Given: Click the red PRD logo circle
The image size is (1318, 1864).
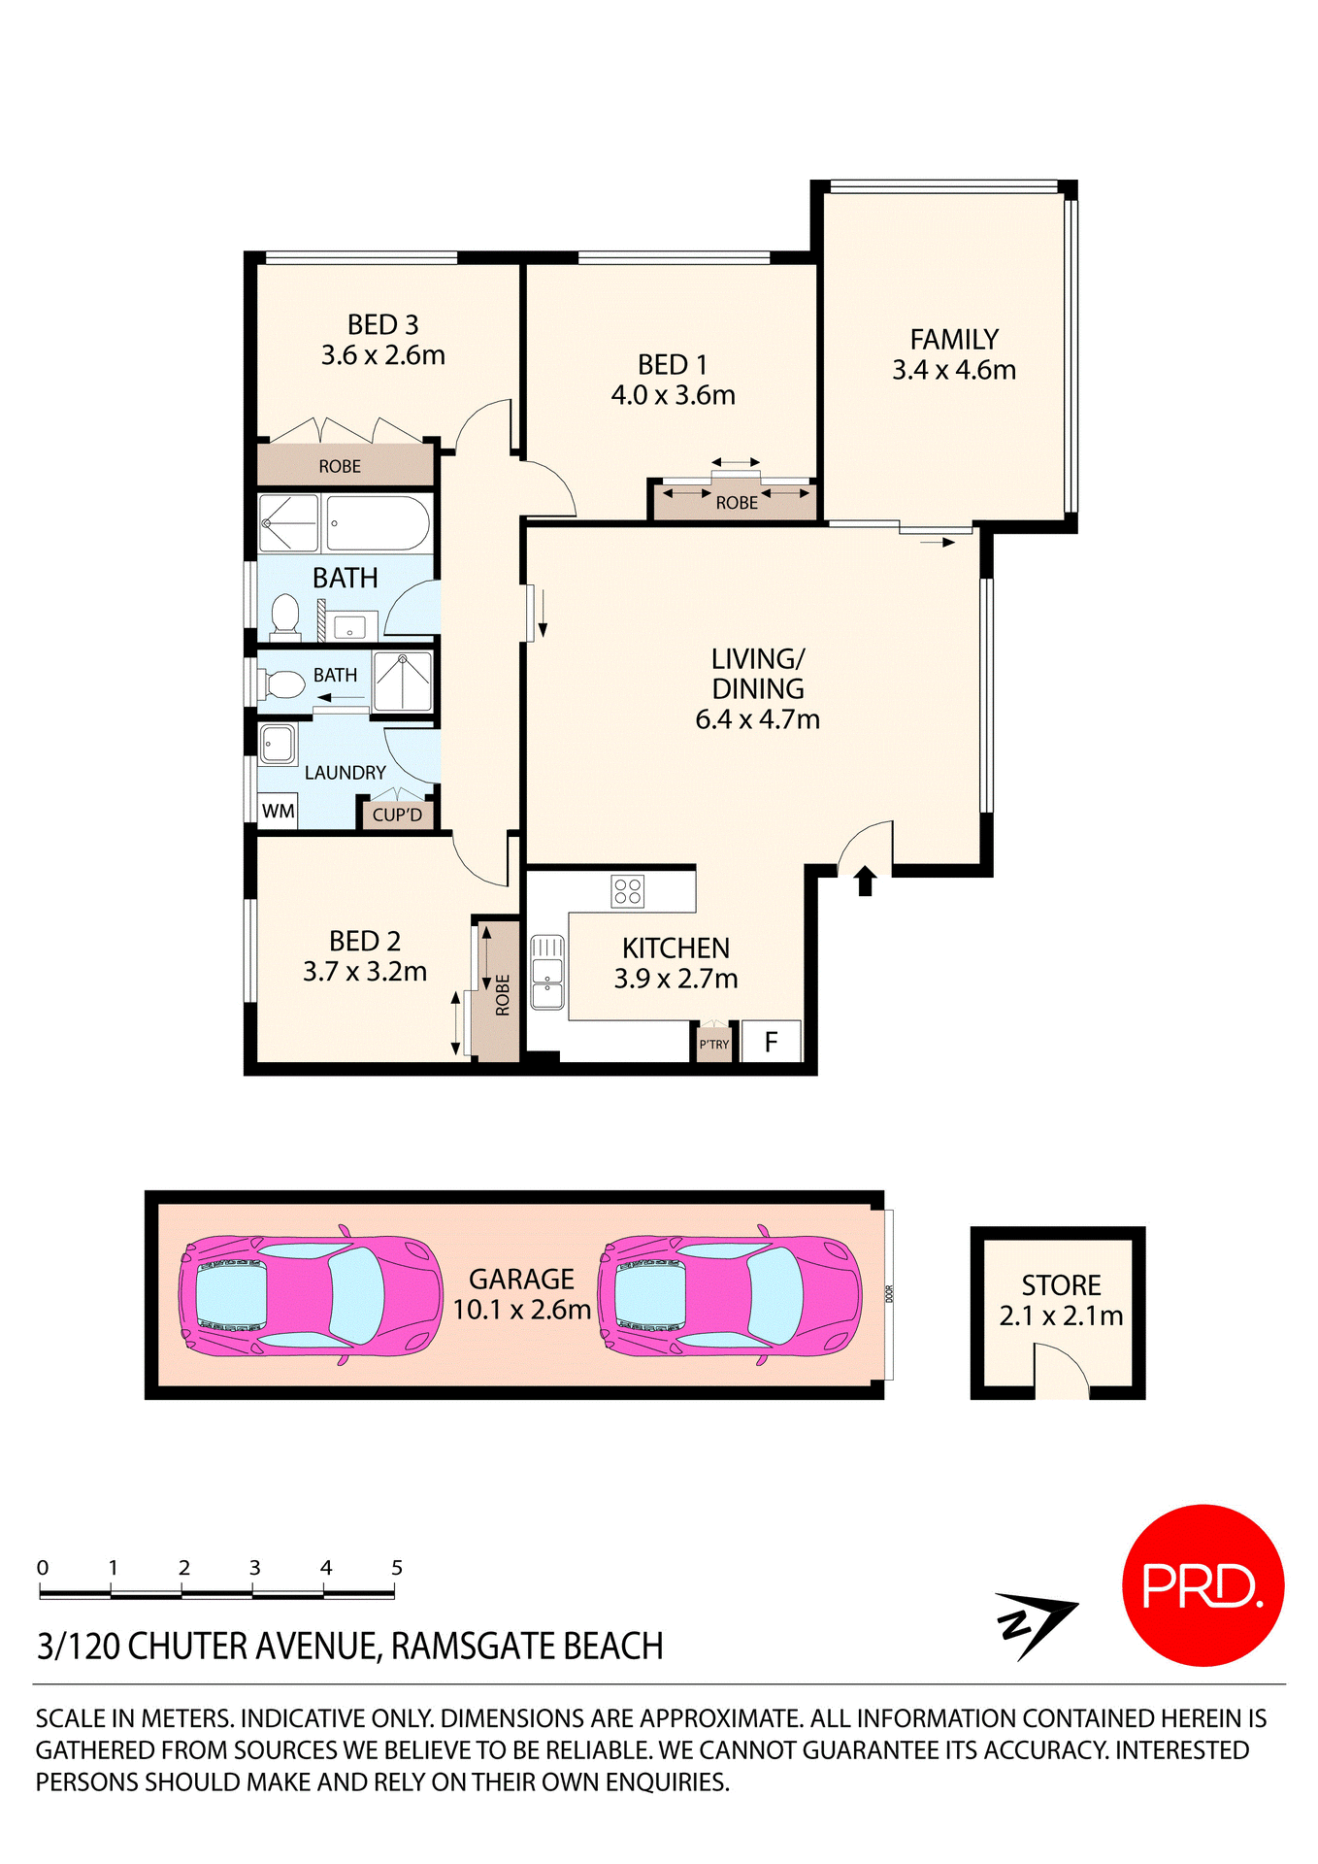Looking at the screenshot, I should pyautogui.click(x=1203, y=1585).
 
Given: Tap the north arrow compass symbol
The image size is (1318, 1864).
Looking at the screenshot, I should pyautogui.click(x=1034, y=1623).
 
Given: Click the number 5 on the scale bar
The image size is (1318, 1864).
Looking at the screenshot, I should pyautogui.click(x=396, y=1568).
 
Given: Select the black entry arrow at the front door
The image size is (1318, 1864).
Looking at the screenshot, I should pyautogui.click(x=865, y=881).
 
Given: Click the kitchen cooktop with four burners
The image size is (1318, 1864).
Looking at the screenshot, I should pyautogui.click(x=628, y=890).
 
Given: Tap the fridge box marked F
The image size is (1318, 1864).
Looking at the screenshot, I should pyautogui.click(x=772, y=1043).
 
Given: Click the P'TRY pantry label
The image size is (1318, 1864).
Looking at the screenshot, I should pyautogui.click(x=713, y=1045).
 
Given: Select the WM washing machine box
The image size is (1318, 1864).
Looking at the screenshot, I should pyautogui.click(x=278, y=811).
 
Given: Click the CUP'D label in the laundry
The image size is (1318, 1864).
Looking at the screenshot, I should pyautogui.click(x=397, y=815).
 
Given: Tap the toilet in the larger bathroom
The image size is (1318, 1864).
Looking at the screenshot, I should pyautogui.click(x=284, y=616).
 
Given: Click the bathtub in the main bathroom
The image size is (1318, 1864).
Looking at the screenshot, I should pyautogui.click(x=377, y=524).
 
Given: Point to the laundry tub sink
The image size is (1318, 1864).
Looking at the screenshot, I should pyautogui.click(x=278, y=744).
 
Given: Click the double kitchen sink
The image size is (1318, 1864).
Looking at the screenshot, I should pyautogui.click(x=547, y=973).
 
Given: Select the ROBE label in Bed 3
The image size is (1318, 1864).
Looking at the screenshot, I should pyautogui.click(x=340, y=467).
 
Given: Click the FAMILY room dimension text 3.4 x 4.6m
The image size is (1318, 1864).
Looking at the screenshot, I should pyautogui.click(x=953, y=371).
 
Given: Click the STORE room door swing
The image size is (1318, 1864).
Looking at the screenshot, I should pyautogui.click(x=1062, y=1371).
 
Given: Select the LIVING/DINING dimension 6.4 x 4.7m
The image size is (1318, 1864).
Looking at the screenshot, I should pyautogui.click(x=757, y=720).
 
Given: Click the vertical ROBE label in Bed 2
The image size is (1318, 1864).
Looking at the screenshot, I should pyautogui.click(x=502, y=995).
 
